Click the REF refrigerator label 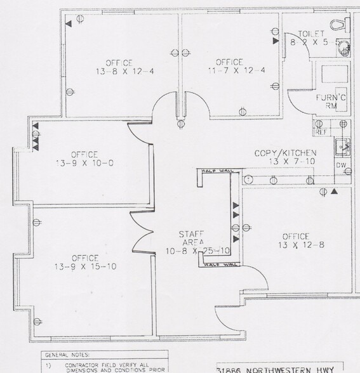321,132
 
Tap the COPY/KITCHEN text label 285,153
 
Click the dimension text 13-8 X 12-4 119,71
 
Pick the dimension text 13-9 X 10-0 84,163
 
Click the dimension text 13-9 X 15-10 84,267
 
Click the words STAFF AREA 191,238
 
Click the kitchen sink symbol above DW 343,147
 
